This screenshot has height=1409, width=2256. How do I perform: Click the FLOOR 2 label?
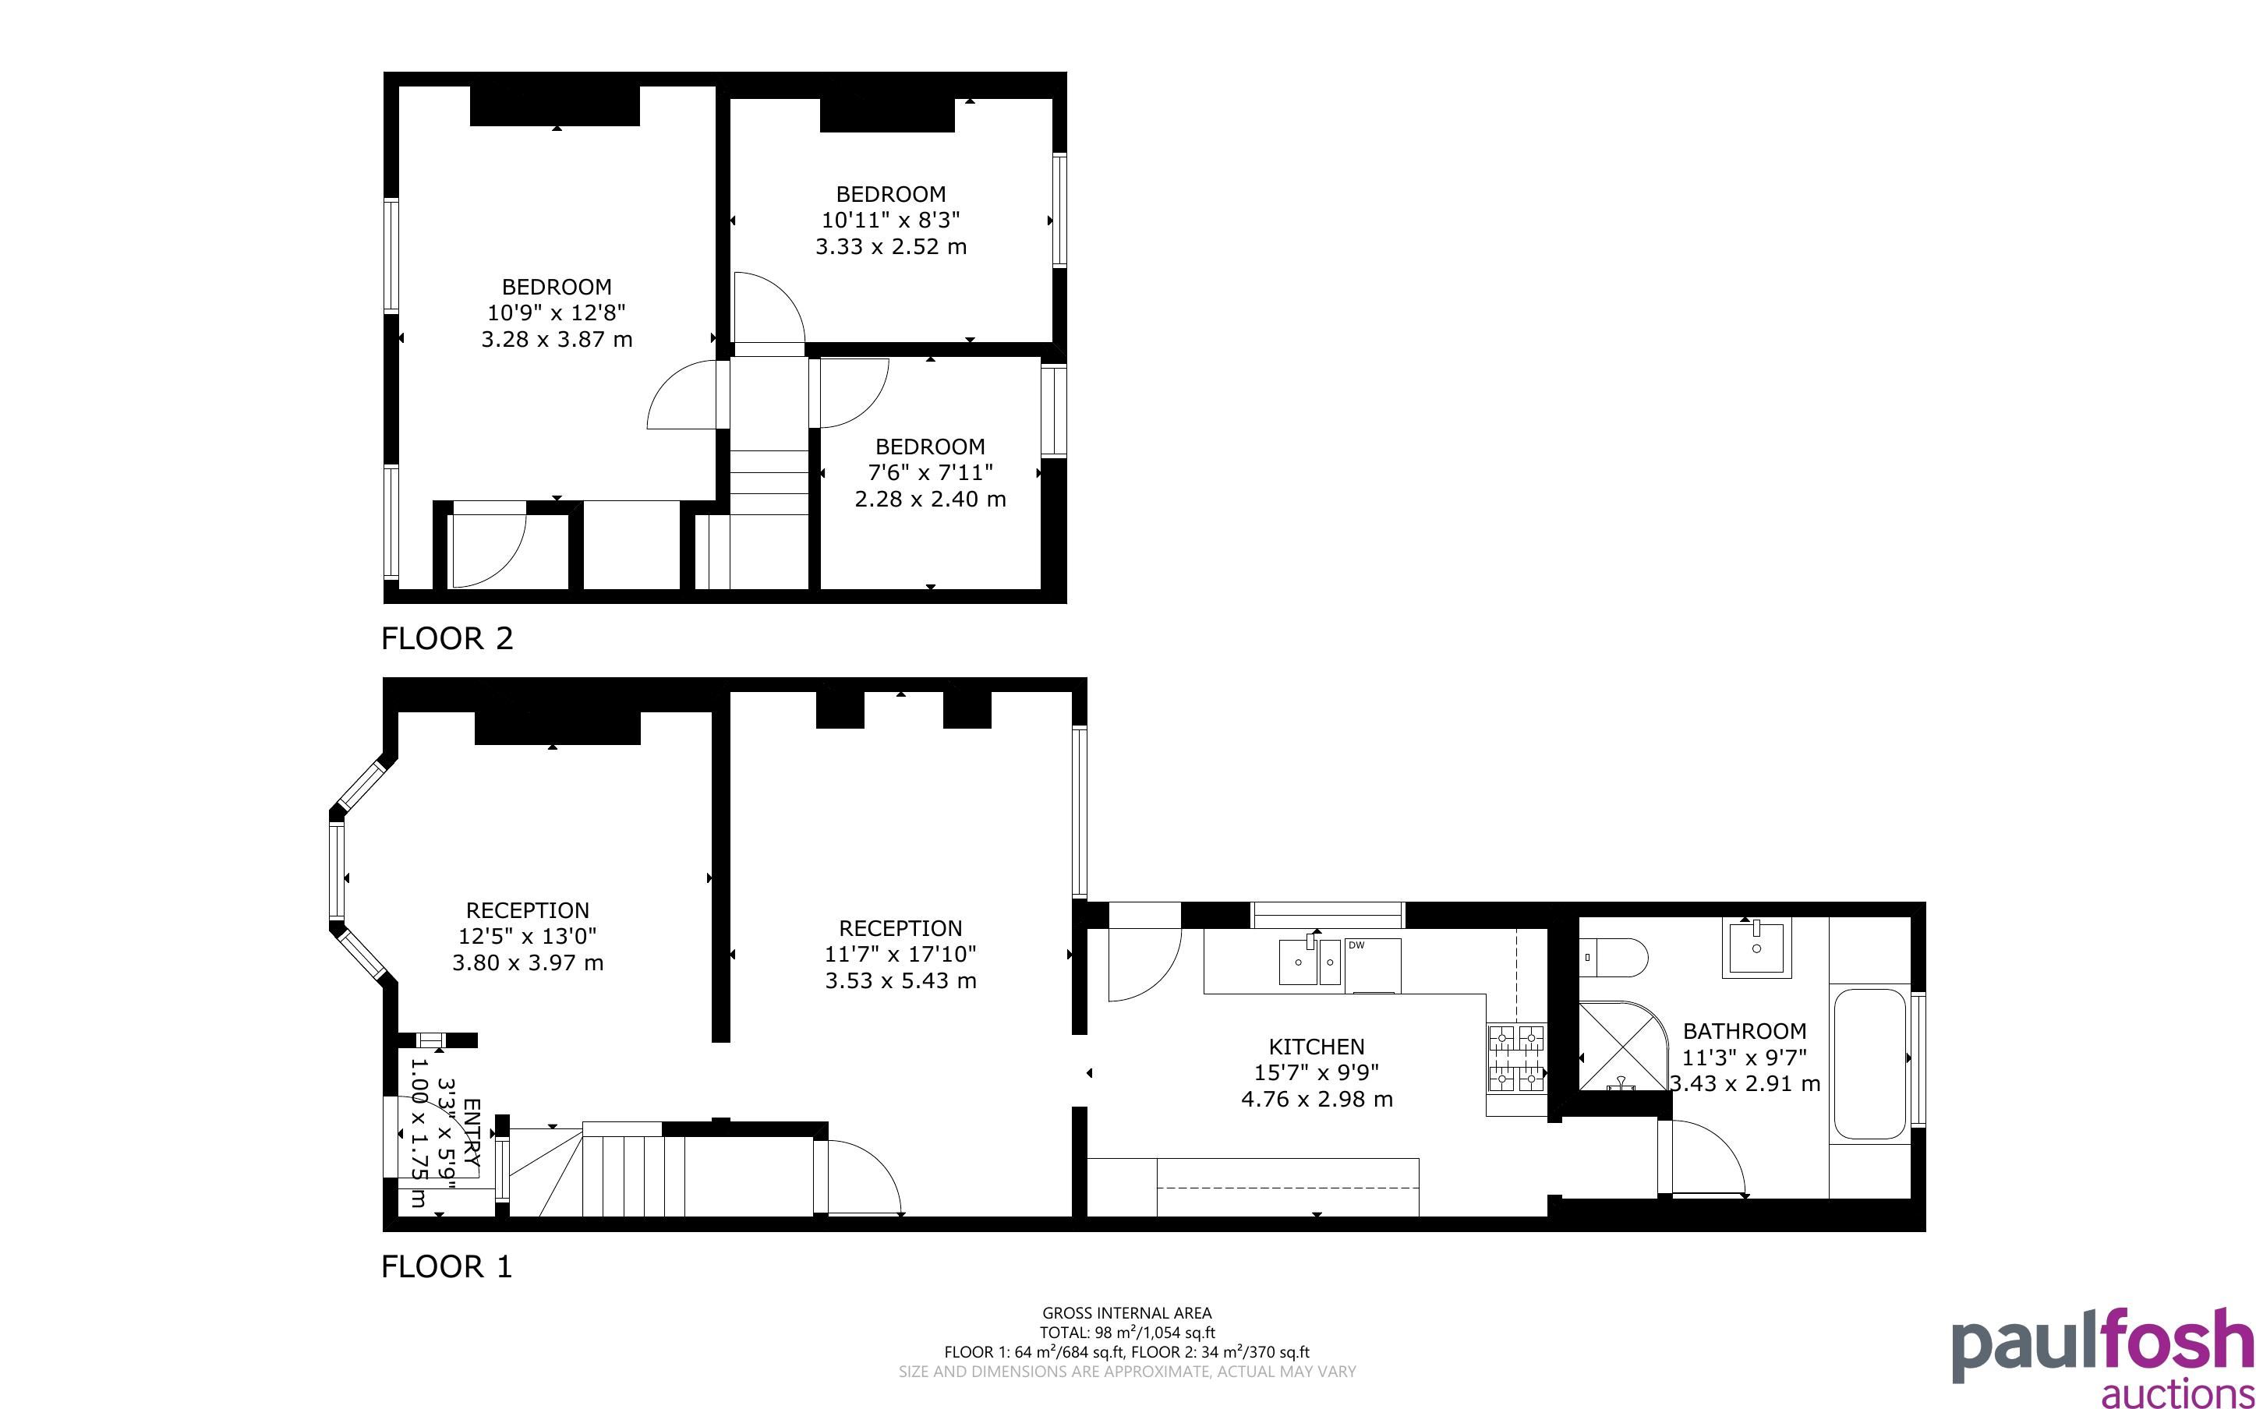[447, 638]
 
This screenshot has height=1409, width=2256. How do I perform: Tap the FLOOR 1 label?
[447, 1266]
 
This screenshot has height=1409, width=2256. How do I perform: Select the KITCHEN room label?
[1317, 1047]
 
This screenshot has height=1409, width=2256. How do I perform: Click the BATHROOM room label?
[1745, 1032]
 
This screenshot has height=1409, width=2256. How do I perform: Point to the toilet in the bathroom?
[1613, 957]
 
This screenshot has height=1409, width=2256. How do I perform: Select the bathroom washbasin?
[1756, 948]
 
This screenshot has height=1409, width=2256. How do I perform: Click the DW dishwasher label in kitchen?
[1356, 945]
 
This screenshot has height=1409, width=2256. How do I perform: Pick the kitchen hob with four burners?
[1516, 1058]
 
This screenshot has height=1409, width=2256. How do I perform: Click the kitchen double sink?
[1310, 962]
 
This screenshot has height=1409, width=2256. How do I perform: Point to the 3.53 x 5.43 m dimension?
[900, 980]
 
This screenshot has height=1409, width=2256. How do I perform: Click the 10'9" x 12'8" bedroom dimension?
[557, 313]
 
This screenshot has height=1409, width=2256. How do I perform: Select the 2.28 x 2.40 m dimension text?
[930, 500]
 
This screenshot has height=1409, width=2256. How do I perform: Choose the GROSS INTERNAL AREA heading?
[1126, 1314]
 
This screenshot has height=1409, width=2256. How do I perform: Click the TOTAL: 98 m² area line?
[1126, 1333]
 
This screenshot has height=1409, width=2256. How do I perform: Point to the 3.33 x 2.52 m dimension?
[891, 247]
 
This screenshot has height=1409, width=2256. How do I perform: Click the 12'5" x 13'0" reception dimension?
[528, 936]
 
